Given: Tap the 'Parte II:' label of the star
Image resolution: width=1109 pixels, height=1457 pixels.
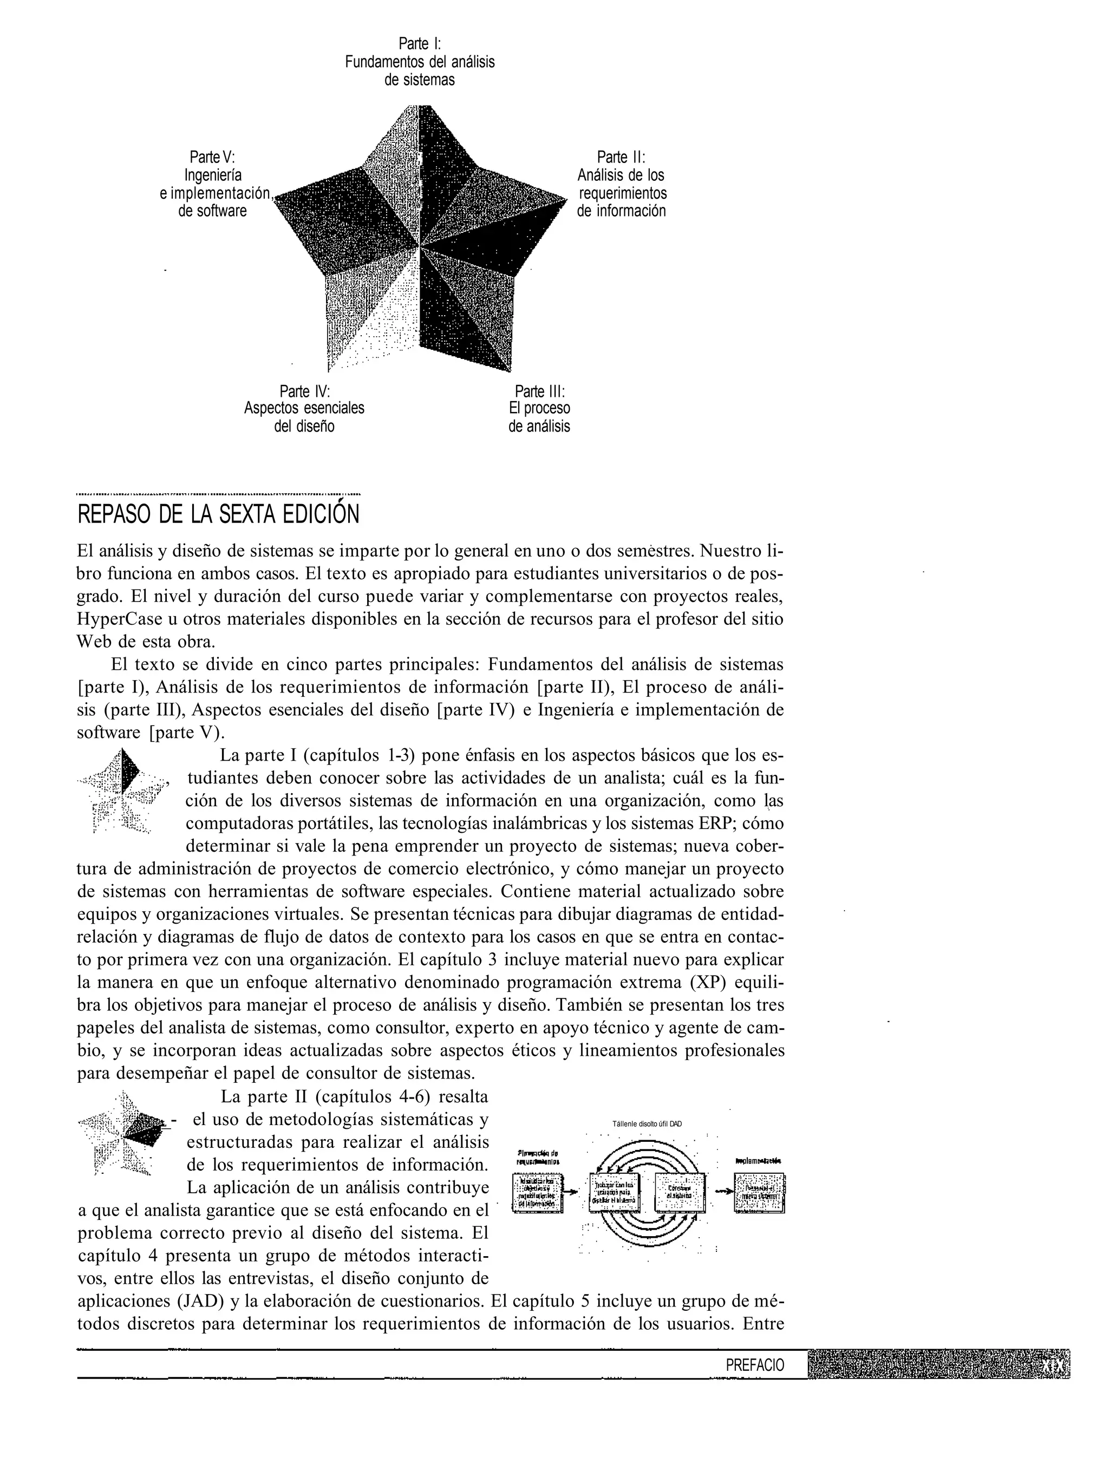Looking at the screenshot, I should coord(621,157).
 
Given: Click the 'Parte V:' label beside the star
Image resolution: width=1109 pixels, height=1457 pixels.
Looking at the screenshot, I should coord(212,157).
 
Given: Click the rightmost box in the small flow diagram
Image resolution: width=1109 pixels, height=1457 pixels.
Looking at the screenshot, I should coord(759,1192).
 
